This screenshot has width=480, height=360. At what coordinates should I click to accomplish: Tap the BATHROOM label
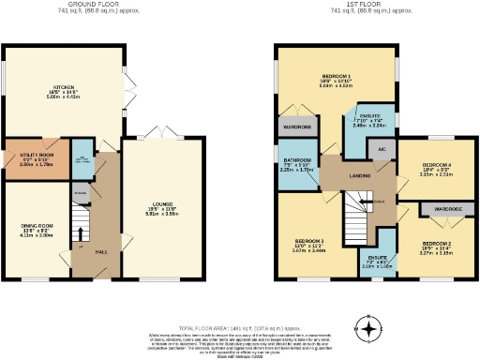click(298, 164)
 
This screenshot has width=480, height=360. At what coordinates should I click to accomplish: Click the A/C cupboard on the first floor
click(382, 149)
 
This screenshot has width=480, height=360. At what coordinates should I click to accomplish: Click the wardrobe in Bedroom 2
click(440, 209)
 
